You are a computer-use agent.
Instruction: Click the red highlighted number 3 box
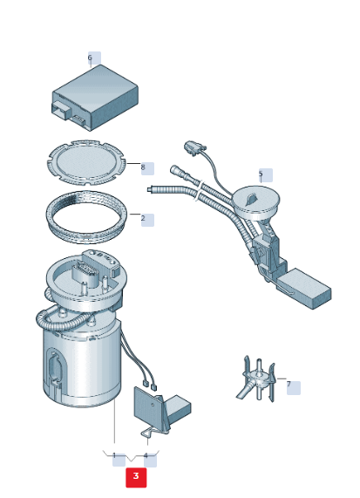coord(136,477)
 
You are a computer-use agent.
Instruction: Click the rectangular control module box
coord(95,98)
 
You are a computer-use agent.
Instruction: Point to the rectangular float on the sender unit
coord(304,288)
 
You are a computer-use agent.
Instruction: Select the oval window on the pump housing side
coord(54,367)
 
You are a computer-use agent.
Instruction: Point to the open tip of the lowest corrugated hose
coord(149,189)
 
